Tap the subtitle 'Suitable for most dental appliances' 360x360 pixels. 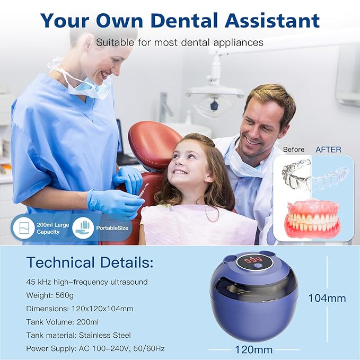coord(180,41)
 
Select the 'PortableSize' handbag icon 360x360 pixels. coord(82,226)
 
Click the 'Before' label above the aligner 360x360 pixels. coord(294,150)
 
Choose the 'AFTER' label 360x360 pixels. coord(328,150)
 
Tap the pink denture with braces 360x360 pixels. coord(312,218)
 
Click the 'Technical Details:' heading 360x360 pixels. coord(90,262)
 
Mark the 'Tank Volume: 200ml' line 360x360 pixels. coord(62,322)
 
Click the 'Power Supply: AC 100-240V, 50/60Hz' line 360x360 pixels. coord(95,348)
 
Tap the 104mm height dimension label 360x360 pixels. coord(328,298)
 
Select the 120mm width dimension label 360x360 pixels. coord(253,349)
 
